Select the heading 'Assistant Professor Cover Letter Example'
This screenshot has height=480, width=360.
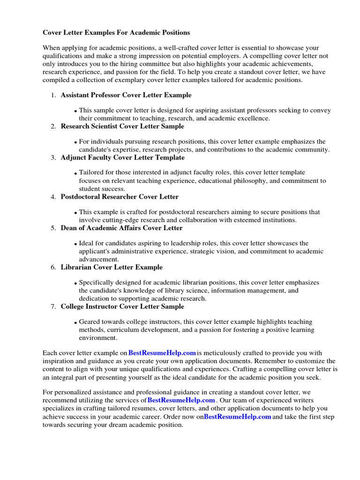pyautogui.click(x=126, y=95)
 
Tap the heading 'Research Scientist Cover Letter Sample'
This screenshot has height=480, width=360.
pyautogui.click(x=122, y=126)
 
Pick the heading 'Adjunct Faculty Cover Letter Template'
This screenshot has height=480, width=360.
pyautogui.click(x=122, y=157)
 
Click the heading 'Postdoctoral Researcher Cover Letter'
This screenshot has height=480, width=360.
pyautogui.click(x=120, y=196)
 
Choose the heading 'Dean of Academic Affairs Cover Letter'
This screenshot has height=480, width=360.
pyautogui.click(x=121, y=228)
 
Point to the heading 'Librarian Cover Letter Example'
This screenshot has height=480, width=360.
pyautogui.click(x=112, y=267)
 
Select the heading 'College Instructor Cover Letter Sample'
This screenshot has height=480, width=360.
pyautogui.click(x=122, y=307)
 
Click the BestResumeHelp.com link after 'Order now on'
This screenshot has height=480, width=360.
pyautogui.click(x=238, y=416)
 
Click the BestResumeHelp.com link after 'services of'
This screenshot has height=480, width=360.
pyautogui.click(x=181, y=400)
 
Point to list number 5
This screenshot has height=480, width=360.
pyautogui.click(x=53, y=228)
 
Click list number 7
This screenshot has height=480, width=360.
pyautogui.click(x=53, y=307)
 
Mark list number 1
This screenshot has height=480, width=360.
pyautogui.click(x=53, y=95)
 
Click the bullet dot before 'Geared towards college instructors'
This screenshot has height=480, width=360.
pyautogui.click(x=76, y=323)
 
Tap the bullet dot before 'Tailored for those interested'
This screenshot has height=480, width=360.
pyautogui.click(x=76, y=174)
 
